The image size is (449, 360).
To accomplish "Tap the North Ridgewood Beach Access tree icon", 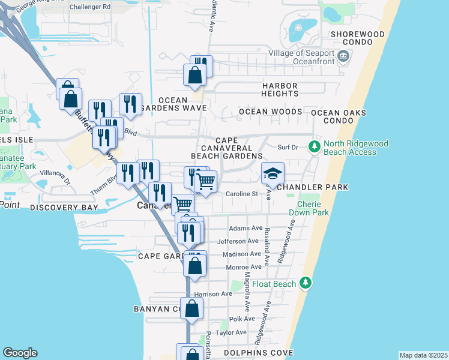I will (x=314, y=146).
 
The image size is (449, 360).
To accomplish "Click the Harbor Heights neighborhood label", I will (x=280, y=90).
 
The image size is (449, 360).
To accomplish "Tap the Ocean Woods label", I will (x=270, y=112).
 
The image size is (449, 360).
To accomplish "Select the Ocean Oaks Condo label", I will (x=347, y=116).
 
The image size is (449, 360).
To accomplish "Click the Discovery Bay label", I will (x=64, y=208).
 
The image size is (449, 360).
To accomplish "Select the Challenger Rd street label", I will (x=90, y=7).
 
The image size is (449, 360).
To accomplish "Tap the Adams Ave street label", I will (x=246, y=229).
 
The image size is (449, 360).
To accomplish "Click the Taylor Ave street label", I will (x=231, y=332).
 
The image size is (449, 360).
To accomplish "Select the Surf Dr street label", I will (x=288, y=147).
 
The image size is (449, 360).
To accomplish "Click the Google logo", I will (x=20, y=353).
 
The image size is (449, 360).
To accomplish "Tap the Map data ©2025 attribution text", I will (x=423, y=355).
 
